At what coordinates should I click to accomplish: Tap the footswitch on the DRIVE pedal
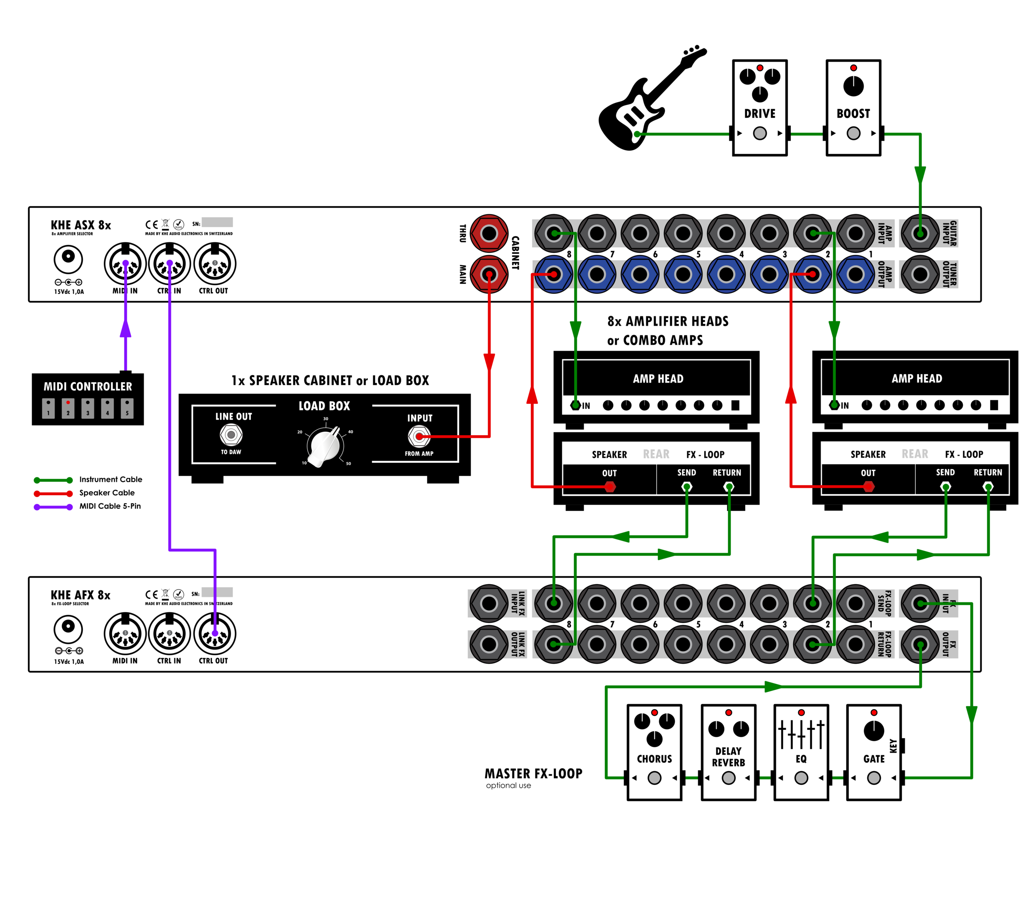760,133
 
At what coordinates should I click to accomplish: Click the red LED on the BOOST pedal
853,68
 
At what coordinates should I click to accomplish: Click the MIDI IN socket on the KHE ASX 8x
125,264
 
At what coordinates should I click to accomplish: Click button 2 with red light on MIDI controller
68,407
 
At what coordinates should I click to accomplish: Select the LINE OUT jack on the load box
231,434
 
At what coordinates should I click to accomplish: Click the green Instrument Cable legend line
53,480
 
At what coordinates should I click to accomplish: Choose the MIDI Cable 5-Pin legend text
110,506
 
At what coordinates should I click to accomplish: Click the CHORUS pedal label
654,759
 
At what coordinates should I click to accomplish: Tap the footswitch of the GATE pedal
874,778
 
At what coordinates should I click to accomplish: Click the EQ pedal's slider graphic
801,734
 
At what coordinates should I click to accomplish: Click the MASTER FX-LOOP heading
533,773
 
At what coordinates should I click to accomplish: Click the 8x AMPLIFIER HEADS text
667,321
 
